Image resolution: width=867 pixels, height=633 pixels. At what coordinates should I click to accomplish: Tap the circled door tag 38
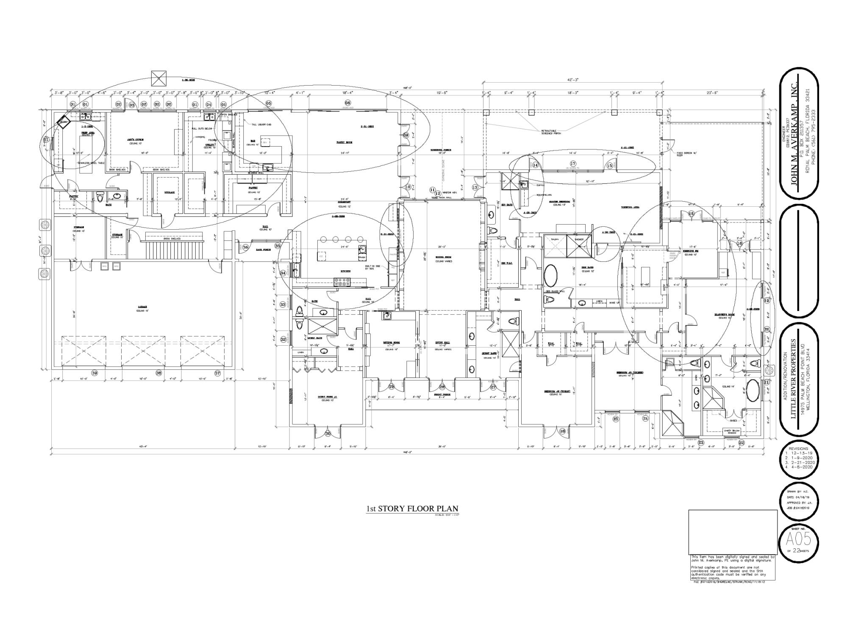[x=159, y=373]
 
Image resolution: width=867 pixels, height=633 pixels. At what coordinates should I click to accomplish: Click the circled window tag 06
[x=348, y=103]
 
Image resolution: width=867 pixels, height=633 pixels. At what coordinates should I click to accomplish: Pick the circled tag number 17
[x=573, y=164]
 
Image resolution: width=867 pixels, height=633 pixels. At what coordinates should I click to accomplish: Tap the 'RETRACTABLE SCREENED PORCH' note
[x=550, y=131]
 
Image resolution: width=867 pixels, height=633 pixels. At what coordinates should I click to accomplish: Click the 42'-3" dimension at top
[x=573, y=79]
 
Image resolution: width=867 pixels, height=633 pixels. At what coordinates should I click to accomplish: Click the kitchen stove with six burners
[x=343, y=280]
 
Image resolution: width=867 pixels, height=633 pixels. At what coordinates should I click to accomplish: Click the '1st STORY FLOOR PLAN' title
[x=412, y=509]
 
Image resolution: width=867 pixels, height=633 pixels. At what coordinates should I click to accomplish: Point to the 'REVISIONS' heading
[x=798, y=448]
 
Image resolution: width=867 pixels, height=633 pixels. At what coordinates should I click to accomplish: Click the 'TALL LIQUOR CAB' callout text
[x=261, y=125]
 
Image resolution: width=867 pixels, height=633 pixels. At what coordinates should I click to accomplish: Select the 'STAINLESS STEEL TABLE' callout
[x=91, y=163]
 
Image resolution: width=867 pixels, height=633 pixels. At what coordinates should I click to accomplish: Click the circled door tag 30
[x=328, y=433]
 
